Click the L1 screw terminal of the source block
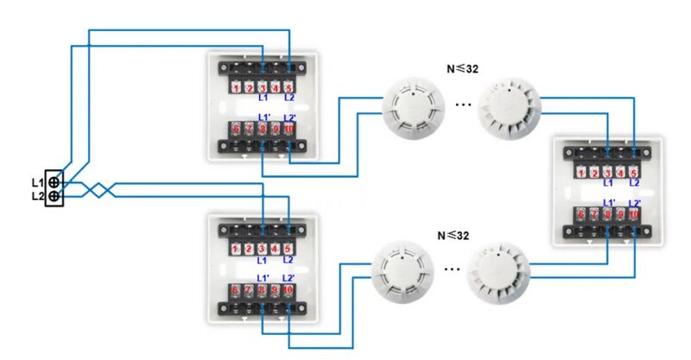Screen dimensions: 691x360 click(x=54, y=182)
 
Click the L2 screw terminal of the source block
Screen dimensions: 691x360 click(x=54, y=196)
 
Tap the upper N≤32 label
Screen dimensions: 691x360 click(x=462, y=69)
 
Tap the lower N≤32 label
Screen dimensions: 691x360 click(x=453, y=236)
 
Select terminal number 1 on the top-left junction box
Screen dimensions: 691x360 click(x=236, y=88)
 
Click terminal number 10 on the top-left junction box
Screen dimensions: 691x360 click(x=288, y=129)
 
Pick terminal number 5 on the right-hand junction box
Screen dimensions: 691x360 click(x=633, y=173)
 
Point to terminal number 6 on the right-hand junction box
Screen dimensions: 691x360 click(x=581, y=214)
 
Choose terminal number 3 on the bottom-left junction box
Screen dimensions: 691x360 click(x=262, y=249)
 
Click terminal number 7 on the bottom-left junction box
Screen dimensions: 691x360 click(x=249, y=289)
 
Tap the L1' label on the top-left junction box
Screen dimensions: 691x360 click(x=264, y=117)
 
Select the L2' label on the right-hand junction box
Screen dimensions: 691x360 click(x=635, y=203)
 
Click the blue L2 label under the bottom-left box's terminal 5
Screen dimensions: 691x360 click(x=288, y=260)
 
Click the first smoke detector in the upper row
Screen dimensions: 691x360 click(x=413, y=109)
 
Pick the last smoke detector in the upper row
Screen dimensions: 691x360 click(x=510, y=108)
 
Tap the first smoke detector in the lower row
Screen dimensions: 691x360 click(x=403, y=272)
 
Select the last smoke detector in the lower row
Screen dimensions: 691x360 click(x=499, y=272)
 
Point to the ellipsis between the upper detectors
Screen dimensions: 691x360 click(x=463, y=104)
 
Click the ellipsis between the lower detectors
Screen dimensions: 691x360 click(x=452, y=268)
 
